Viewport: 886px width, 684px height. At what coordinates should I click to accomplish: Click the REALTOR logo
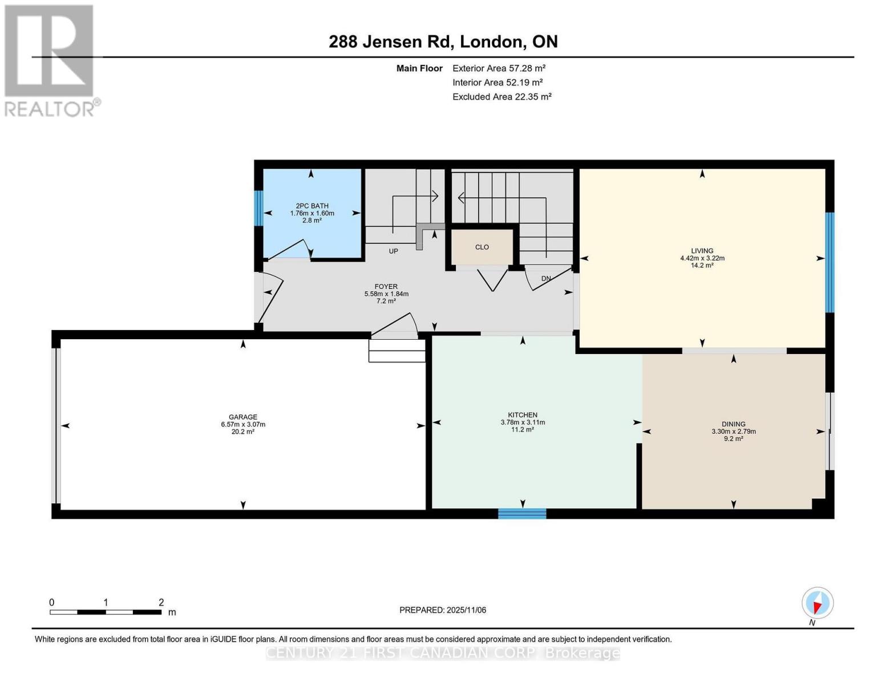pyautogui.click(x=50, y=60)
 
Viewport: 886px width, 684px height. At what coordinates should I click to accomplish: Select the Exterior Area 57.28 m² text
pyautogui.click(x=499, y=68)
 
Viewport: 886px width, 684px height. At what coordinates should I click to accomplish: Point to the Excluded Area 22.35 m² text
pyautogui.click(x=501, y=97)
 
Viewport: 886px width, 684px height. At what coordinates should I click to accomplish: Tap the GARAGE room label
pyautogui.click(x=243, y=417)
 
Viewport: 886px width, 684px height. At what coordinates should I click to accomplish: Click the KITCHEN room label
pyautogui.click(x=523, y=415)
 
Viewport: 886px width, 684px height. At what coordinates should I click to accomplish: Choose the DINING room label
pyautogui.click(x=733, y=424)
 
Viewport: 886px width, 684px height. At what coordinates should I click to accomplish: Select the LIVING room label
pyautogui.click(x=702, y=251)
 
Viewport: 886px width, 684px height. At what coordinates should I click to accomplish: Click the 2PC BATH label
pyautogui.click(x=312, y=206)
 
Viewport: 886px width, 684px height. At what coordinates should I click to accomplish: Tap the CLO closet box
pyautogui.click(x=482, y=247)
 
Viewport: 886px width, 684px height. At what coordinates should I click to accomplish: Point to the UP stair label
pyautogui.click(x=393, y=251)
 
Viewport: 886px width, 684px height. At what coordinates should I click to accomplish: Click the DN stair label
pyautogui.click(x=546, y=279)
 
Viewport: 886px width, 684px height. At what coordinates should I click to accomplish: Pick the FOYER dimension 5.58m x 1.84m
pyautogui.click(x=386, y=294)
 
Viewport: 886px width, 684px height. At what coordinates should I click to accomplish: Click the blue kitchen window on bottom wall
pyautogui.click(x=522, y=514)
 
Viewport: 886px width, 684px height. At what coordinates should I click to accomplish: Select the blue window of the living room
pyautogui.click(x=830, y=262)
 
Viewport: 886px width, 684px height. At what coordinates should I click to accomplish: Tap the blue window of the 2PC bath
pyautogui.click(x=258, y=208)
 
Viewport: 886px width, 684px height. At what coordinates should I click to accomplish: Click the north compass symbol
pyautogui.click(x=817, y=603)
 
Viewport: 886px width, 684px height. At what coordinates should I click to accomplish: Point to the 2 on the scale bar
pyautogui.click(x=161, y=602)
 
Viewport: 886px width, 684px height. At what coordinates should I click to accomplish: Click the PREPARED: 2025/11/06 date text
pyautogui.click(x=443, y=610)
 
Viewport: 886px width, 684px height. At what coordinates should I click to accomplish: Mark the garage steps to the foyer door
pyautogui.click(x=397, y=351)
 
